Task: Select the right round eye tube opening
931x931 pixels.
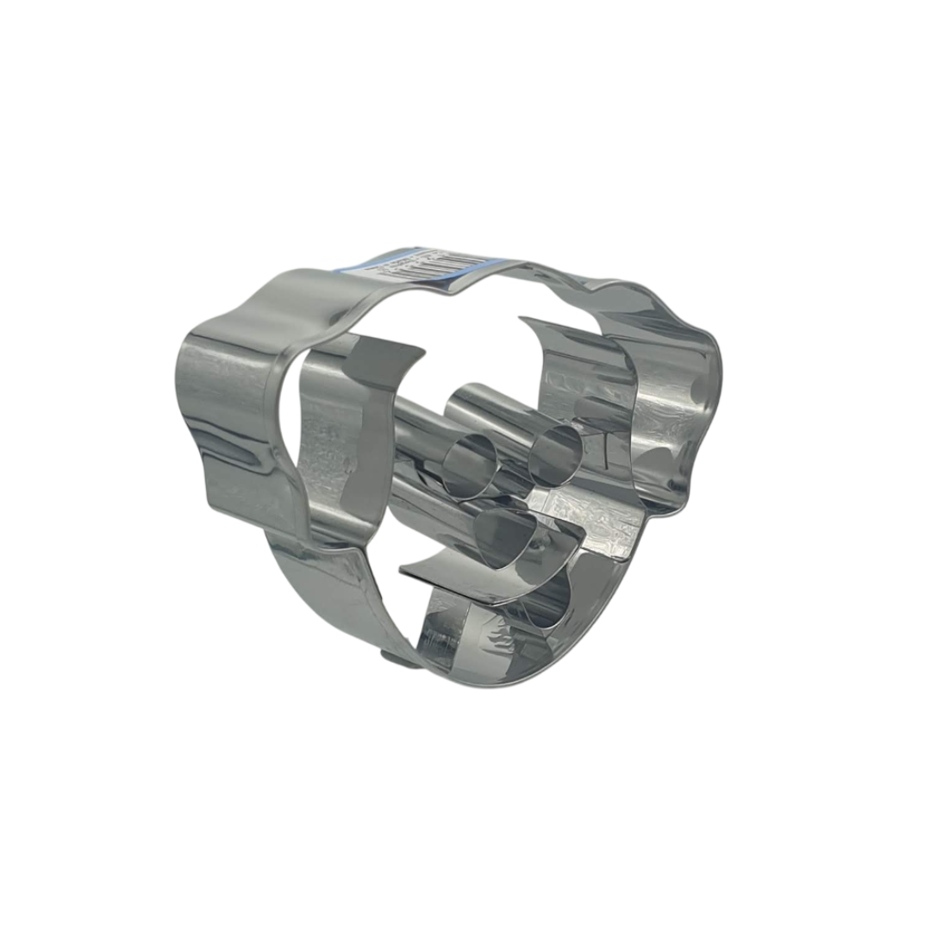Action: (x=555, y=452)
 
